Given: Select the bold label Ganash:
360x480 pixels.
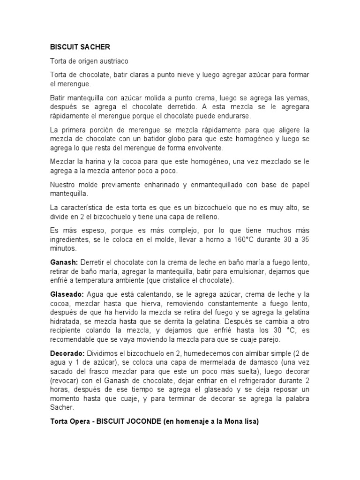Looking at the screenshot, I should point(64,262).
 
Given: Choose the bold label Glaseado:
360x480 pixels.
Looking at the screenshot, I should point(67,294).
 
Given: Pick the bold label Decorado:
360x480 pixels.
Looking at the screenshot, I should point(67,352).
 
